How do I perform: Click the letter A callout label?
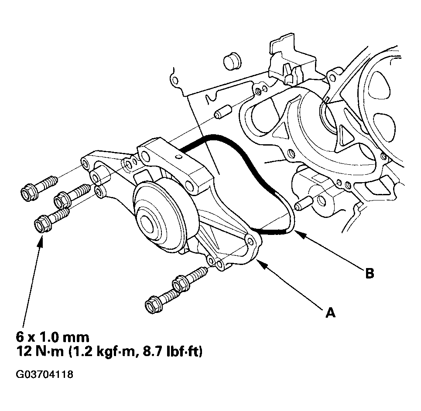coord(331,312)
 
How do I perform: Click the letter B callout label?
coord(370,273)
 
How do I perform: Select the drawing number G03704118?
coord(44,374)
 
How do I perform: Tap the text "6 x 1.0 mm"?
coord(53,337)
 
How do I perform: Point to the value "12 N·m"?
coord(40,352)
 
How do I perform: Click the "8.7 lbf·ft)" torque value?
coord(172,352)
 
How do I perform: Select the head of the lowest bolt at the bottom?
coord(153,305)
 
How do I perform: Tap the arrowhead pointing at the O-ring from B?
coord(300,235)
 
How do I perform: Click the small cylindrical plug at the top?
coord(232,62)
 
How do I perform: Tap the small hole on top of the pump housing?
coord(178,157)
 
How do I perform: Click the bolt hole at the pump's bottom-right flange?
coord(250,242)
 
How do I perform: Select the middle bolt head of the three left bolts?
coord(62,200)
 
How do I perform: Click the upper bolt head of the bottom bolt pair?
coord(180,282)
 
